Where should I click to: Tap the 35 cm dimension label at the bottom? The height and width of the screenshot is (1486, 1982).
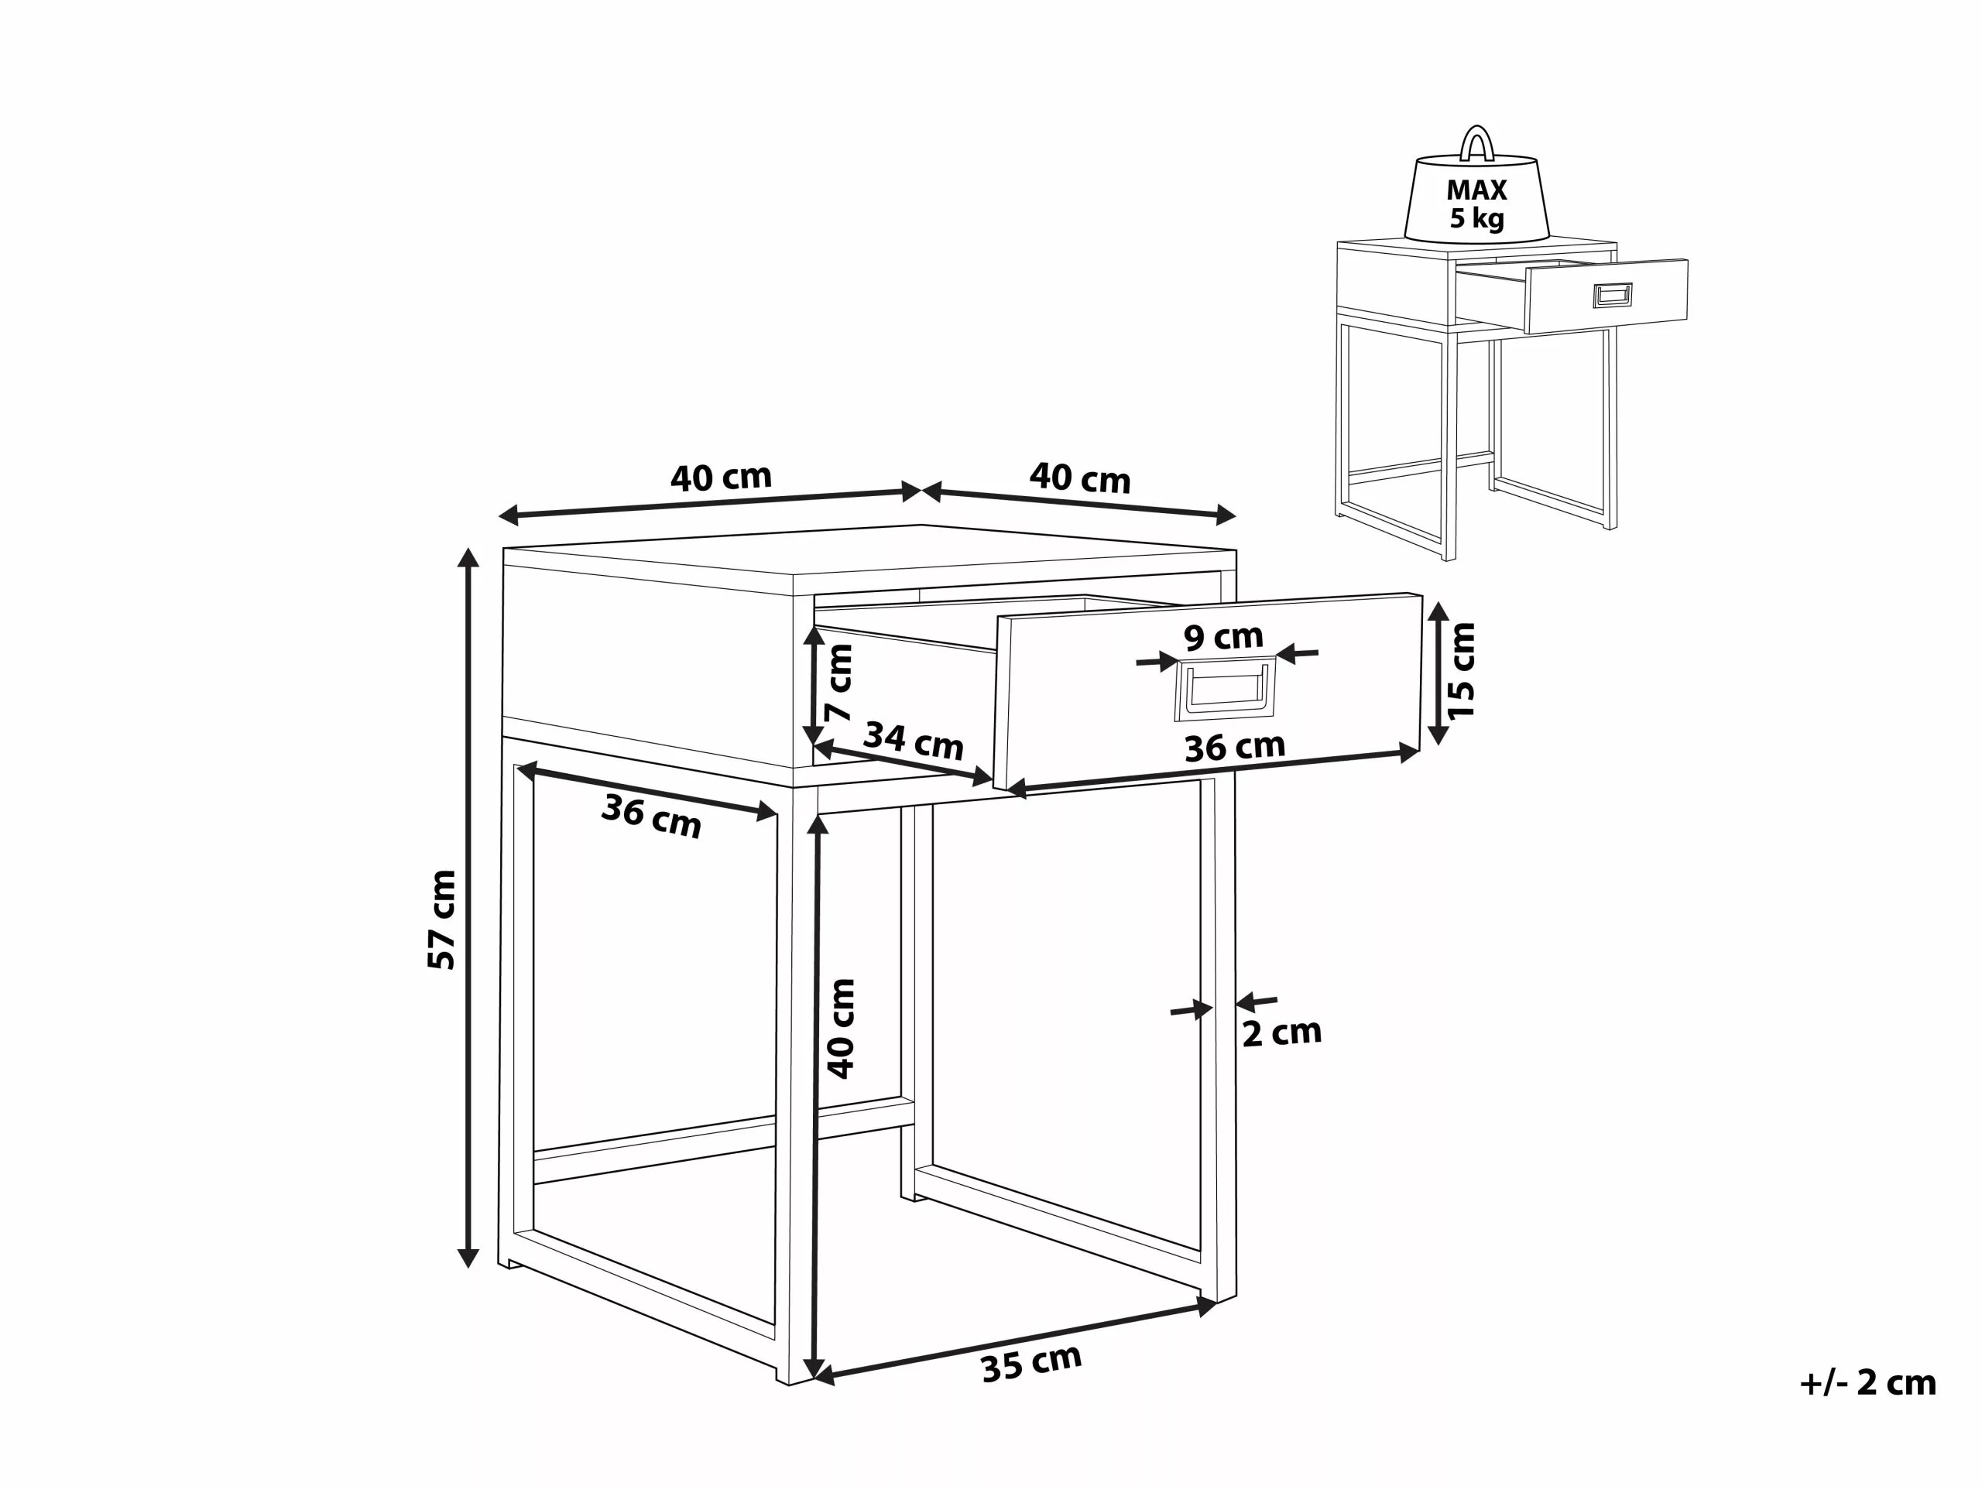[x=1031, y=1362]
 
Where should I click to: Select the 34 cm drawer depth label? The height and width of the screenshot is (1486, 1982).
[x=913, y=741]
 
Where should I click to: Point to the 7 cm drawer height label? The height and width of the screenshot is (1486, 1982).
[x=839, y=683]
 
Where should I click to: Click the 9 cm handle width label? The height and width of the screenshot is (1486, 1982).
[x=1223, y=637]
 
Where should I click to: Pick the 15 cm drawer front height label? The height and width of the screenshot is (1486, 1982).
[x=1460, y=670]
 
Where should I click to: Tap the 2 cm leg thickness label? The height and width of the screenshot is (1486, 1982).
[x=1281, y=1032]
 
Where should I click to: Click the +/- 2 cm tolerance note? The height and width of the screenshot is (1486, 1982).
[x=1867, y=1382]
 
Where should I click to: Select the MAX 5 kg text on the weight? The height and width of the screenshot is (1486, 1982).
[x=1476, y=204]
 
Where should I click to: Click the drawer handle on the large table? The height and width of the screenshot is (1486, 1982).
[x=1225, y=688]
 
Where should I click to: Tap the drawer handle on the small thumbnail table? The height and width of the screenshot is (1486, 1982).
[x=1613, y=295]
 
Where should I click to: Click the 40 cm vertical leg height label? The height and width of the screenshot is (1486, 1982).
[x=842, y=1027]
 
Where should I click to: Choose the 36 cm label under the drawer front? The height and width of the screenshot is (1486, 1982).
[x=1235, y=747]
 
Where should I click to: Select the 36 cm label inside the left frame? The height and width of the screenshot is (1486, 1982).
[x=651, y=815]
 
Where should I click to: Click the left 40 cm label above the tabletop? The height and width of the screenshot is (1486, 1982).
[x=722, y=478]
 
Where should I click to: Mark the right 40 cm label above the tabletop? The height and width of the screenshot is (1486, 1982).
[x=1080, y=478]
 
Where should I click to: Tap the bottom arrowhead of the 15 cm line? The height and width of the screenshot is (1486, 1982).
[x=1438, y=734]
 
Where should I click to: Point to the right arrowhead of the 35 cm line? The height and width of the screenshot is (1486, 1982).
[x=1207, y=1307]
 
